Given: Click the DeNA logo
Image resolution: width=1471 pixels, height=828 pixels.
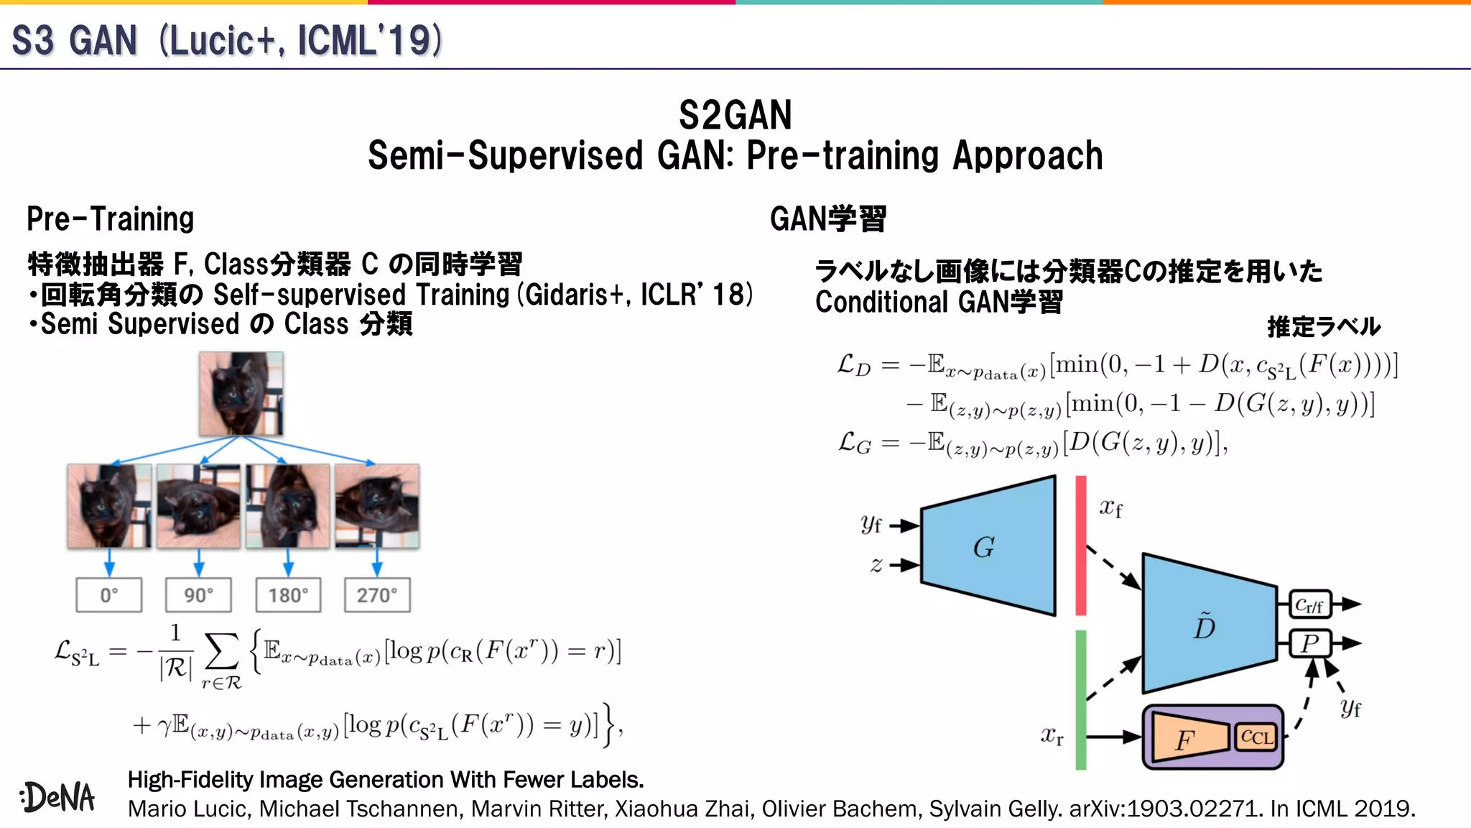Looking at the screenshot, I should coord(58,796).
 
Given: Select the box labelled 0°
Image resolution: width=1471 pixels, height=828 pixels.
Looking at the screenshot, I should coord(109,595).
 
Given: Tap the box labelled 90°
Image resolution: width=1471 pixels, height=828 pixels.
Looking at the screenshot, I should coord(198,595).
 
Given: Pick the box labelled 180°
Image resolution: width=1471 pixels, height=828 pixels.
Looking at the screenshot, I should coord(288,595).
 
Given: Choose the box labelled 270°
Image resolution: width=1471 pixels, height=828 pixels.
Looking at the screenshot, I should coord(377,595).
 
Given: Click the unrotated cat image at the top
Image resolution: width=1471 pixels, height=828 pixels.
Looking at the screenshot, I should coord(241,394).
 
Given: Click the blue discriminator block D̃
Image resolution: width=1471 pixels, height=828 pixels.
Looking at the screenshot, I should coord(1207,624).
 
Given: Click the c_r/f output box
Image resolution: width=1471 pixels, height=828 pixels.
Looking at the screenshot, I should coord(1310,604).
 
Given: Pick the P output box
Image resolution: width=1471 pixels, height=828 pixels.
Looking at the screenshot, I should coord(1310,643).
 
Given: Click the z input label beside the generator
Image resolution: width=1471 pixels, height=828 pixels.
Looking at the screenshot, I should coord(876,566).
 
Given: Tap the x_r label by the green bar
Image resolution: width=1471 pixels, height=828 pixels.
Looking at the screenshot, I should coord(1052,735).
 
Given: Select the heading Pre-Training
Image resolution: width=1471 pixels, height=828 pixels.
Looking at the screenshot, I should coord(111,219).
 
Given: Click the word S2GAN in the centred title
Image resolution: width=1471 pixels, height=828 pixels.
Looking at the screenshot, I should coord(735,115).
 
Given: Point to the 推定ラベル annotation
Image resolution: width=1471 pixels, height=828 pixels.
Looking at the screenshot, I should coord(1324,327).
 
